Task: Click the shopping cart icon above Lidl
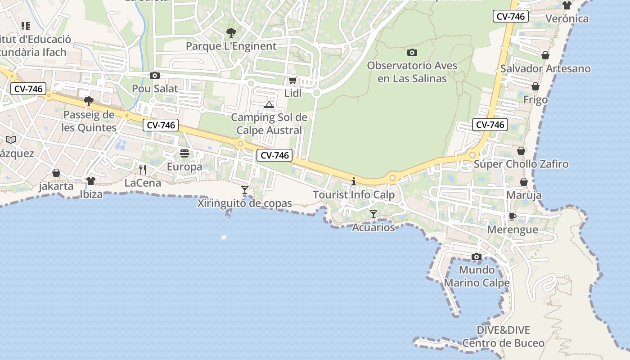point(292,81)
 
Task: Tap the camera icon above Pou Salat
point(155,75)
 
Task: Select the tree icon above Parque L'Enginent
point(231,32)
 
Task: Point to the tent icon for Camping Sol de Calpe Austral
point(269,105)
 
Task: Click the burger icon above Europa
point(184,153)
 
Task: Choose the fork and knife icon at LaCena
point(143,170)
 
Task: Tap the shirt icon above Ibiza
point(91,181)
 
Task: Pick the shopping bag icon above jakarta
point(56,173)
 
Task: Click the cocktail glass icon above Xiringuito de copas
point(245,190)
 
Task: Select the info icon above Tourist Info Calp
point(354,181)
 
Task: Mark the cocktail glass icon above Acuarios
point(373,214)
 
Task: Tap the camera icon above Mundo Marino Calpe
point(477,256)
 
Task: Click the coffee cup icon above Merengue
point(513,216)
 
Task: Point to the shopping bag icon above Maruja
point(524,182)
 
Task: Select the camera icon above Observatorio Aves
point(412,52)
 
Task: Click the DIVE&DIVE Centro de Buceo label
point(503,337)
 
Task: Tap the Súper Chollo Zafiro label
point(521,164)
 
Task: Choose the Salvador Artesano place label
point(545,69)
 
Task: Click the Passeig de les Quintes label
point(89,121)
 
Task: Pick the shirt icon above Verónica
point(567,5)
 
